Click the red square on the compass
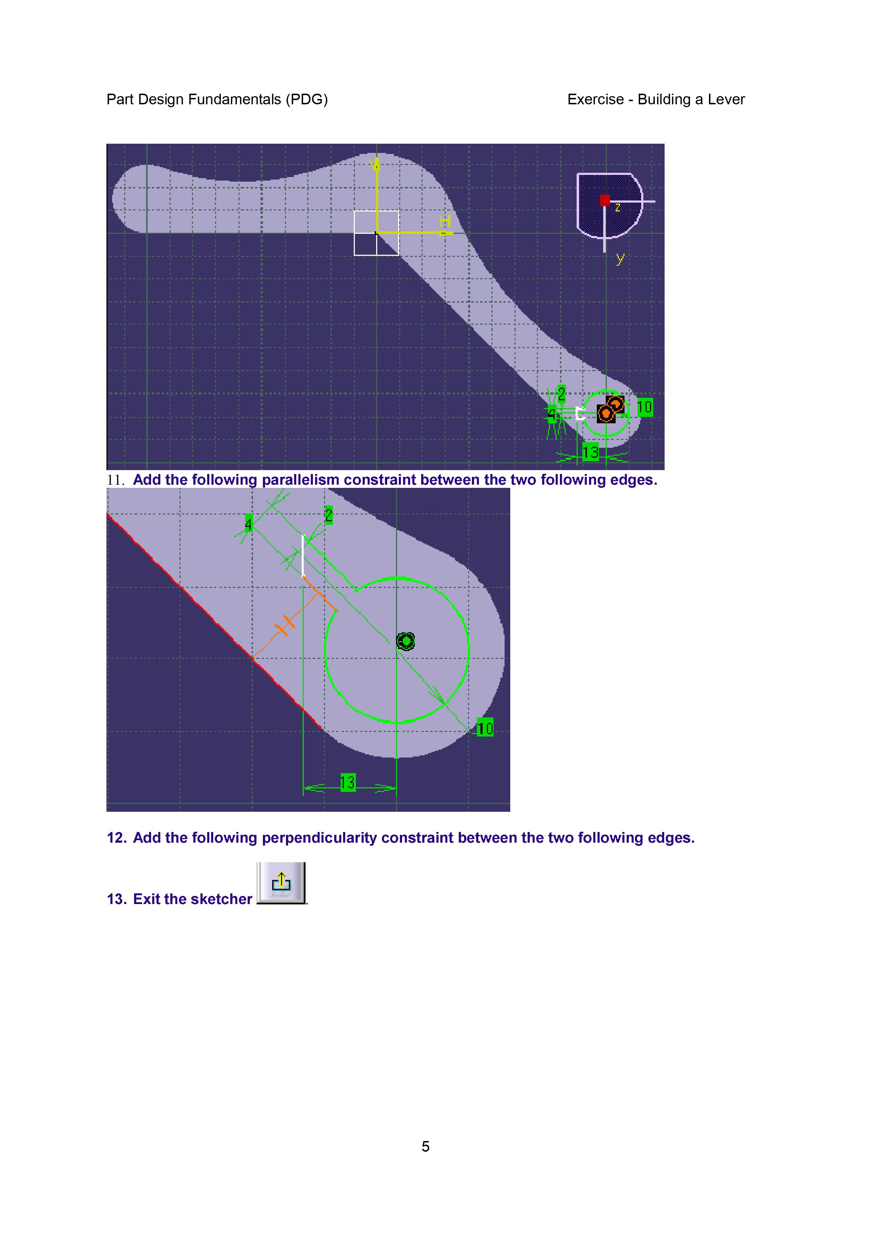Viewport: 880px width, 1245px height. point(605,200)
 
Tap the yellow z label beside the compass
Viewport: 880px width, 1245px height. point(617,208)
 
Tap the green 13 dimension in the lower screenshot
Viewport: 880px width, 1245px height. point(347,782)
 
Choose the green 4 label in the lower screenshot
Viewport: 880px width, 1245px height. point(248,524)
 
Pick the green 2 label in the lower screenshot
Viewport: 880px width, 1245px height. point(329,515)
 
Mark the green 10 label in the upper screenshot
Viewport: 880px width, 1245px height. point(645,407)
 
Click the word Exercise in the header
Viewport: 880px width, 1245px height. point(595,99)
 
